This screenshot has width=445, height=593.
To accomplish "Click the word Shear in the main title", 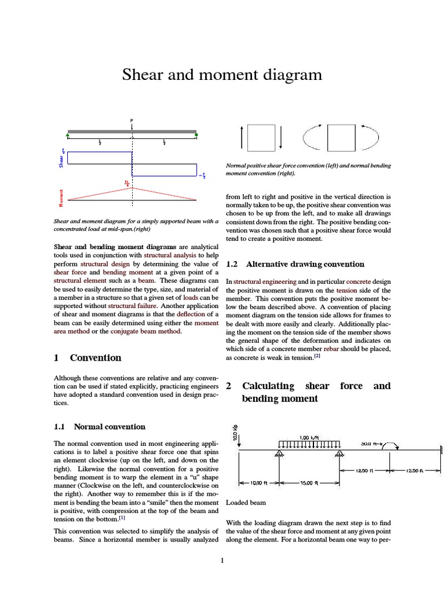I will (141, 75).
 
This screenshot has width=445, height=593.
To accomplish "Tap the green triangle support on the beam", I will (68, 136).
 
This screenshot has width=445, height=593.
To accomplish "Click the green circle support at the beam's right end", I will (196, 136).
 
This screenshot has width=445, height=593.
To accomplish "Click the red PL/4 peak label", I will (127, 182).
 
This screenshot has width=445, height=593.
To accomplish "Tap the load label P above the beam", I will (132, 120).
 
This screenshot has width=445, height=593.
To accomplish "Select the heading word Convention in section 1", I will (96, 357).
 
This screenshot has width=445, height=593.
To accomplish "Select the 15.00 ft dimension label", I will (307, 482).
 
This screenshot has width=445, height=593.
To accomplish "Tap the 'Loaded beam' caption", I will (243, 503).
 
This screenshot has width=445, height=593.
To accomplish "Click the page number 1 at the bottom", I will (222, 560).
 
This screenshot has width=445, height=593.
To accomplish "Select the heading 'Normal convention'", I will (110, 427).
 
